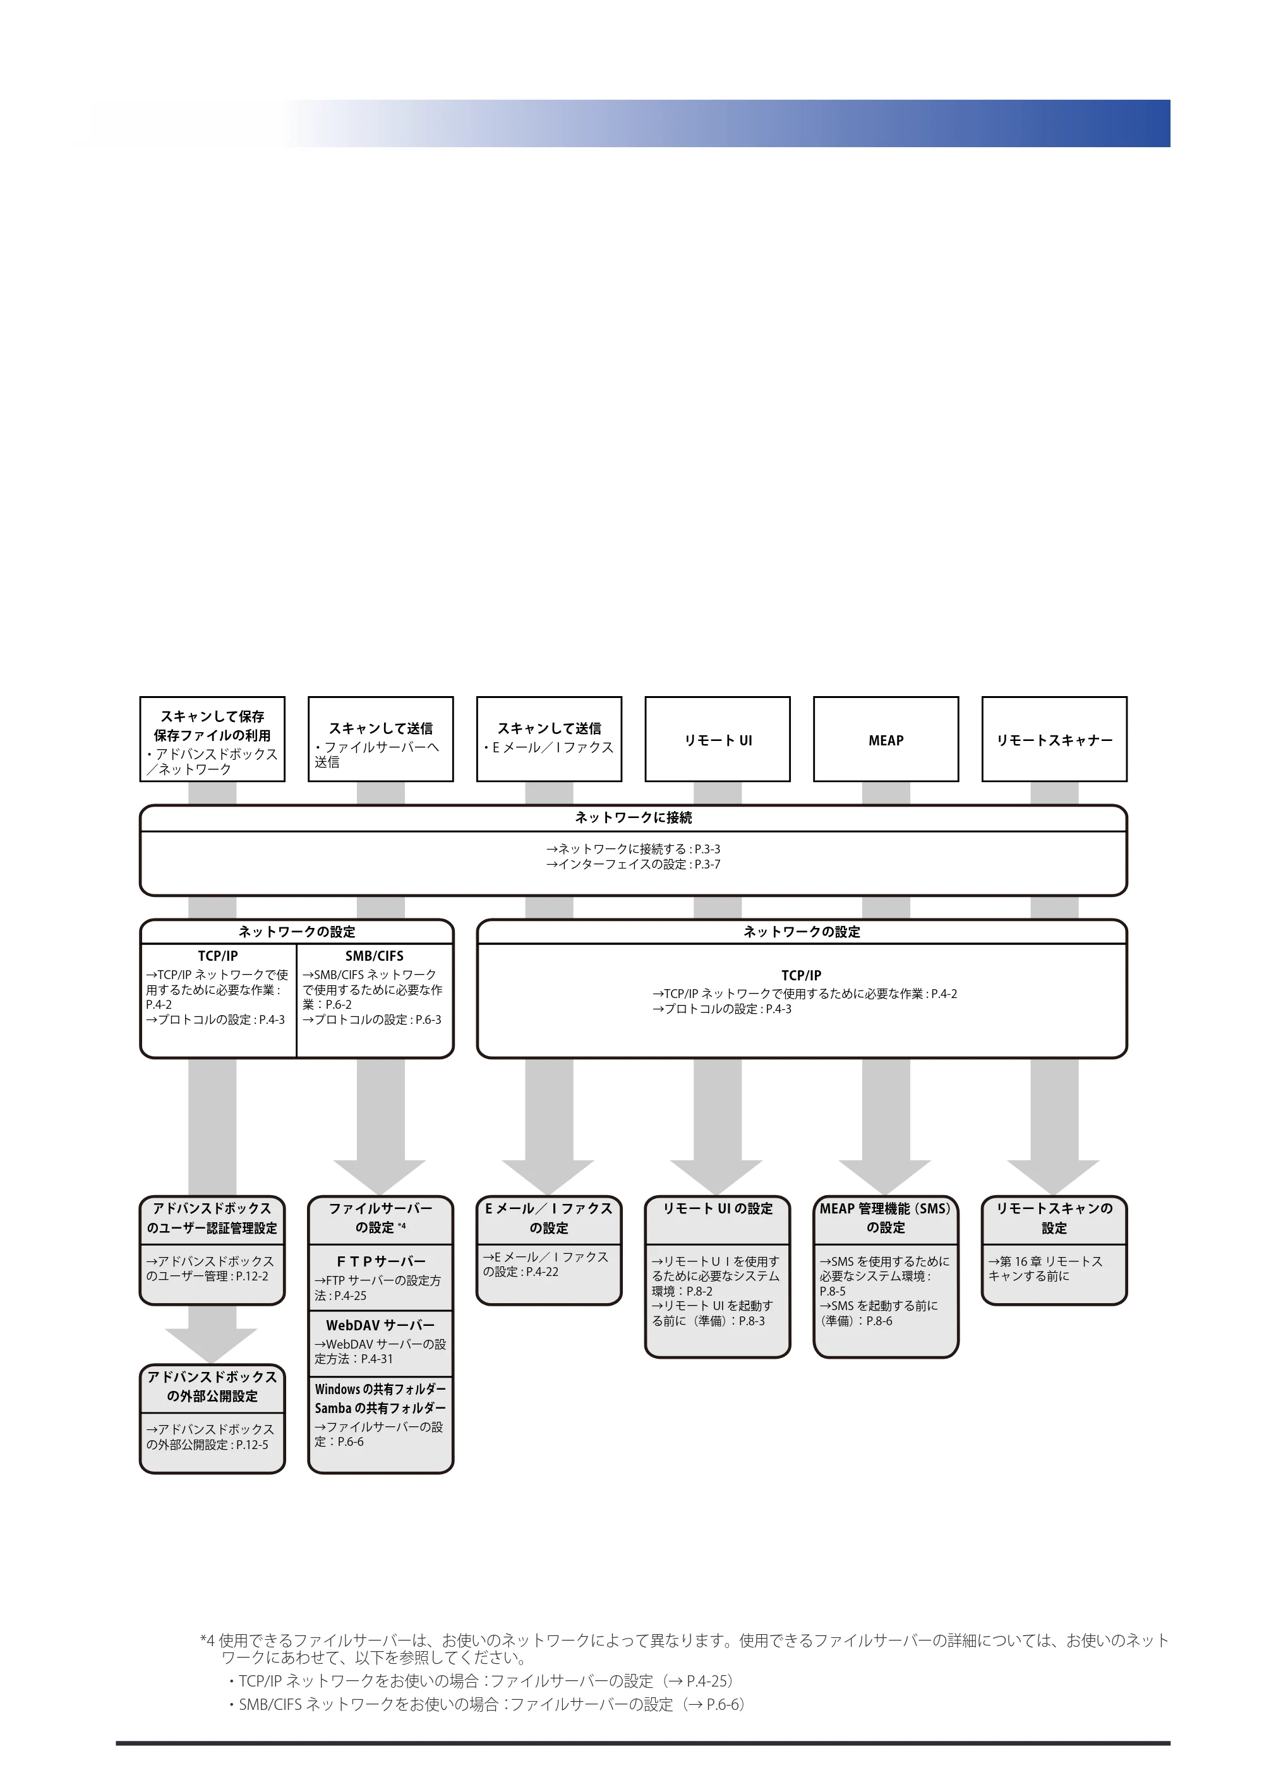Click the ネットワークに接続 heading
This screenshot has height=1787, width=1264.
point(634,818)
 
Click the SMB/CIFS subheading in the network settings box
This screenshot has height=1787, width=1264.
point(375,956)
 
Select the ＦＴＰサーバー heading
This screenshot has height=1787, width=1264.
point(381,1261)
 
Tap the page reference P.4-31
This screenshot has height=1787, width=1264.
point(378,1359)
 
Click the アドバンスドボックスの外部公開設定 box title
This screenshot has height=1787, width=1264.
point(212,1386)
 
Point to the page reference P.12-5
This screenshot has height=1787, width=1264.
point(252,1445)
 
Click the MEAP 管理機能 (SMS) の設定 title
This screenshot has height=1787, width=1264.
point(886,1218)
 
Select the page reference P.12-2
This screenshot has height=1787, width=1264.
point(252,1277)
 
